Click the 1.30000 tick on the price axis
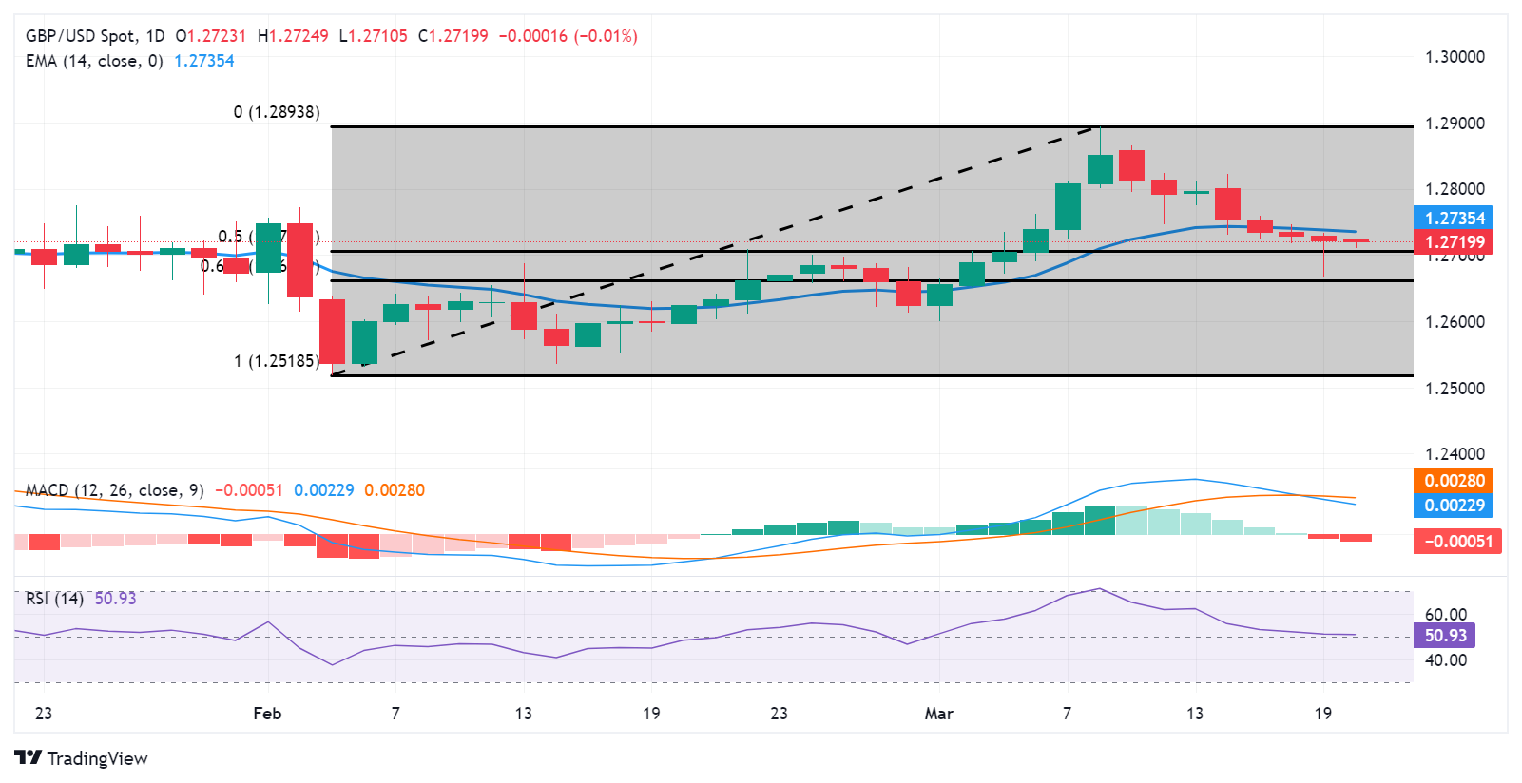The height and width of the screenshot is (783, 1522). [1454, 57]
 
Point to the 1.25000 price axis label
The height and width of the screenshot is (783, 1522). [1454, 389]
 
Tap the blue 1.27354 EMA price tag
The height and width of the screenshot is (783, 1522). [1454, 219]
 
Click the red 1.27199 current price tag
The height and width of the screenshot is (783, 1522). [1454, 242]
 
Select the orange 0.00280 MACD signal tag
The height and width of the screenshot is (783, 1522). [1454, 481]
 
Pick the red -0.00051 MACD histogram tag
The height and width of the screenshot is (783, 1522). [1456, 542]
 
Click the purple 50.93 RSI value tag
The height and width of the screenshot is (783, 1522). [1445, 636]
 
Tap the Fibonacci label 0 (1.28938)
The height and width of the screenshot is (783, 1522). [277, 112]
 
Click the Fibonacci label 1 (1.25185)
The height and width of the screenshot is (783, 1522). [277, 361]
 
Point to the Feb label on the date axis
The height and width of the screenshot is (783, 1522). [267, 714]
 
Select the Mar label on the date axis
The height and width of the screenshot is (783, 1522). [938, 714]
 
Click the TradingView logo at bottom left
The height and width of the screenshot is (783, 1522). [82, 758]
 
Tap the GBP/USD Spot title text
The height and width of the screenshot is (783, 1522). [80, 36]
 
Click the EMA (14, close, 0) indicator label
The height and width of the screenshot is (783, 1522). [94, 61]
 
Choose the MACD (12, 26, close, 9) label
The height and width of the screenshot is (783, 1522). [114, 490]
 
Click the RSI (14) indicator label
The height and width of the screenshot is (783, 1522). [54, 599]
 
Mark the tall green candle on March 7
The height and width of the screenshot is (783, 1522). [1068, 206]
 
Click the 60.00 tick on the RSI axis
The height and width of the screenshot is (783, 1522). [1445, 615]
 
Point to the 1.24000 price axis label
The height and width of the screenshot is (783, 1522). [1454, 454]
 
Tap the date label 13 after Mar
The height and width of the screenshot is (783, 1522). [1195, 714]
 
